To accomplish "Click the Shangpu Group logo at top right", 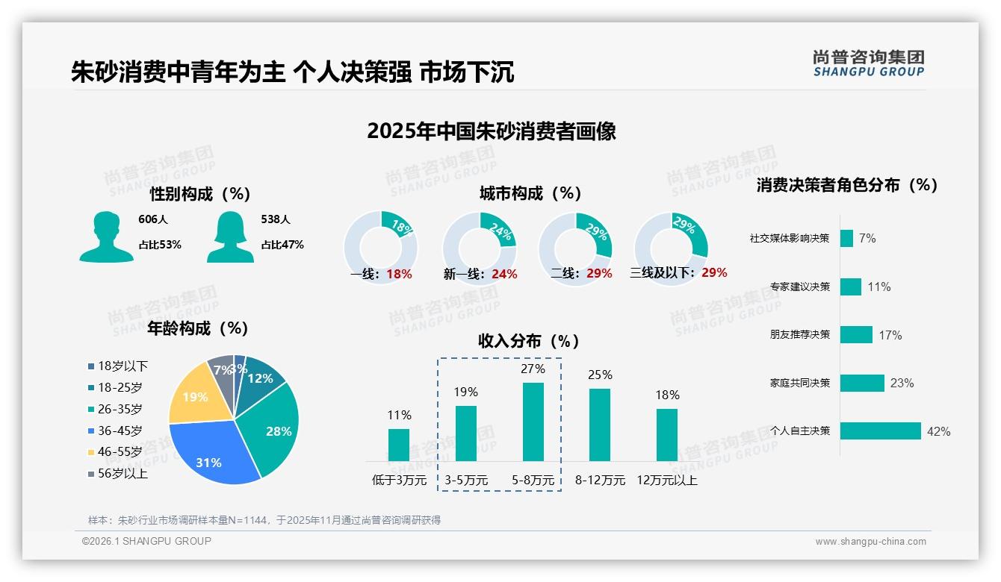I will pos(868,63).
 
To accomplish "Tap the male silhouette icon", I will pos(106,237).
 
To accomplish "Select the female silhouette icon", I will pos(230,237).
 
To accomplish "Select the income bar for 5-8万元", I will pos(533,422).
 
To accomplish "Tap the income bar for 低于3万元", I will pos(399,445).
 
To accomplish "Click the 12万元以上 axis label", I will pos(667,481).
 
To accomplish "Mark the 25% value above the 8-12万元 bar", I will pos(600,375).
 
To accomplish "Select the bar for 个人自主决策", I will pos(880,431).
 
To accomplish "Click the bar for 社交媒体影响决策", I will pos(846,238).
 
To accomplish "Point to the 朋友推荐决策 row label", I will pos(800,334).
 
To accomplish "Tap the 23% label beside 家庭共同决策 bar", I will pos(902,384).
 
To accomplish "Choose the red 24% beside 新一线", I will pos(504,275).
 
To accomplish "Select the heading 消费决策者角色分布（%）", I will pos(847,185).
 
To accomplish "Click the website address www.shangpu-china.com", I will pos(870,542).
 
